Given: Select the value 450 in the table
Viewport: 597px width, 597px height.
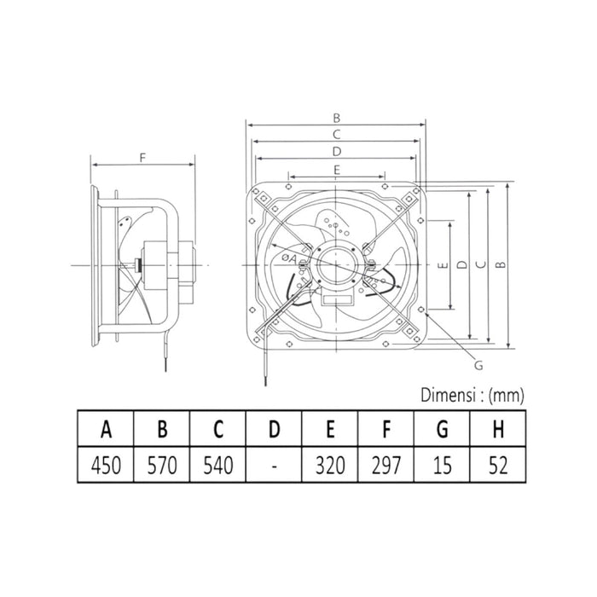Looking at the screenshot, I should [107, 466].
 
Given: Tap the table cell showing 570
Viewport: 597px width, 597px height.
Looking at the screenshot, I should [162, 466].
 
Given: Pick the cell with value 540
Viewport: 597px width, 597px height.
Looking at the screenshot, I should [217, 466].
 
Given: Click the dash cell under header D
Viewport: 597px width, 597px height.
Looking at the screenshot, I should [274, 466].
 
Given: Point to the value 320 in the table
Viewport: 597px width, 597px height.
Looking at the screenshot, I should [329, 466].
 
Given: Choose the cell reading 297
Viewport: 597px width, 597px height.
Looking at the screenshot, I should [385, 466].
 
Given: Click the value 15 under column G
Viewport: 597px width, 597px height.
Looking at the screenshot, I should [441, 466].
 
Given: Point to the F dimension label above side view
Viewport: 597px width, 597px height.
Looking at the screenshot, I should [143, 156].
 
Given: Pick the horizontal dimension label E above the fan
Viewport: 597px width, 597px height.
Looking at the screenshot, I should [336, 170].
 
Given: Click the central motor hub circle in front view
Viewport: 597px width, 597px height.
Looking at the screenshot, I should [335, 266].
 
